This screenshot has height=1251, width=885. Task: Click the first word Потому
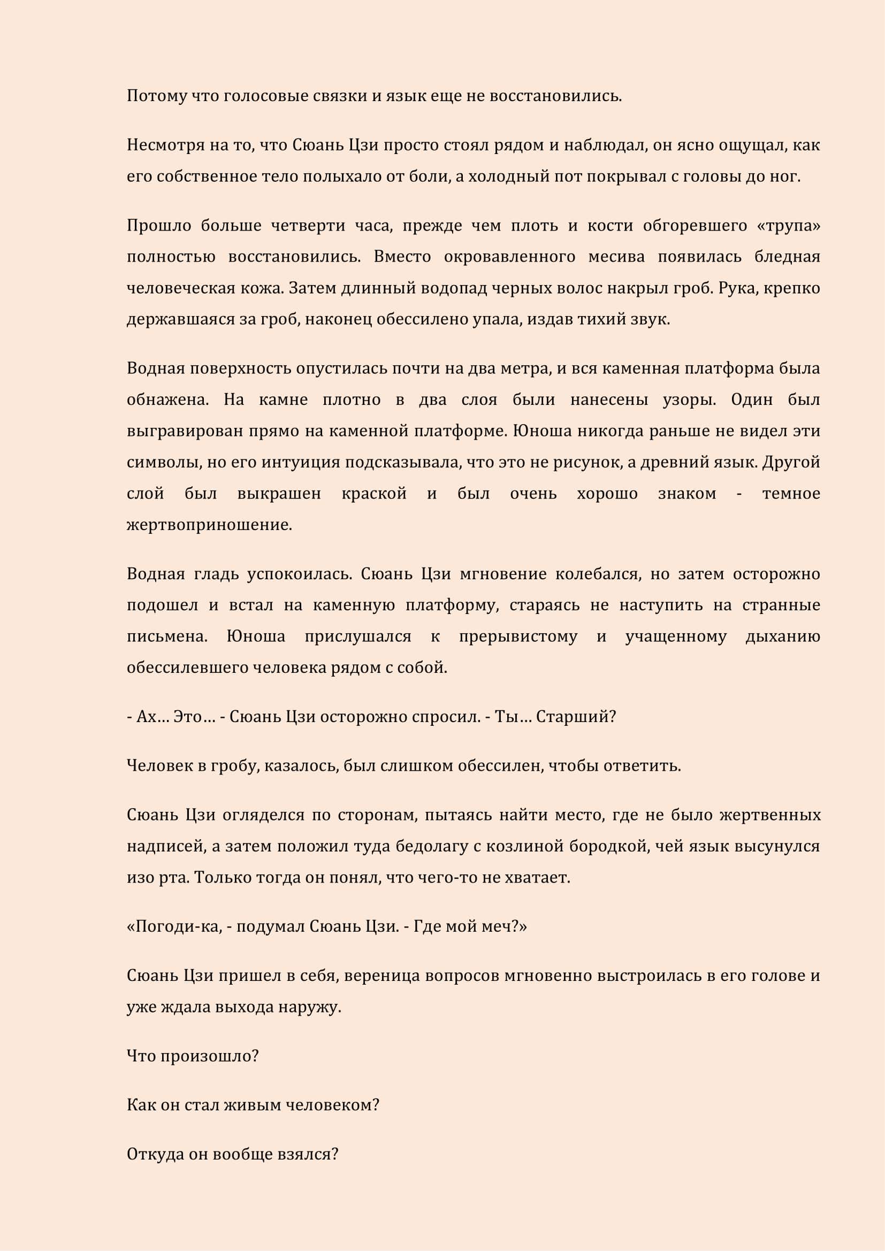[x=157, y=96]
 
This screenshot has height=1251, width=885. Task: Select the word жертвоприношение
[x=209, y=525]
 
